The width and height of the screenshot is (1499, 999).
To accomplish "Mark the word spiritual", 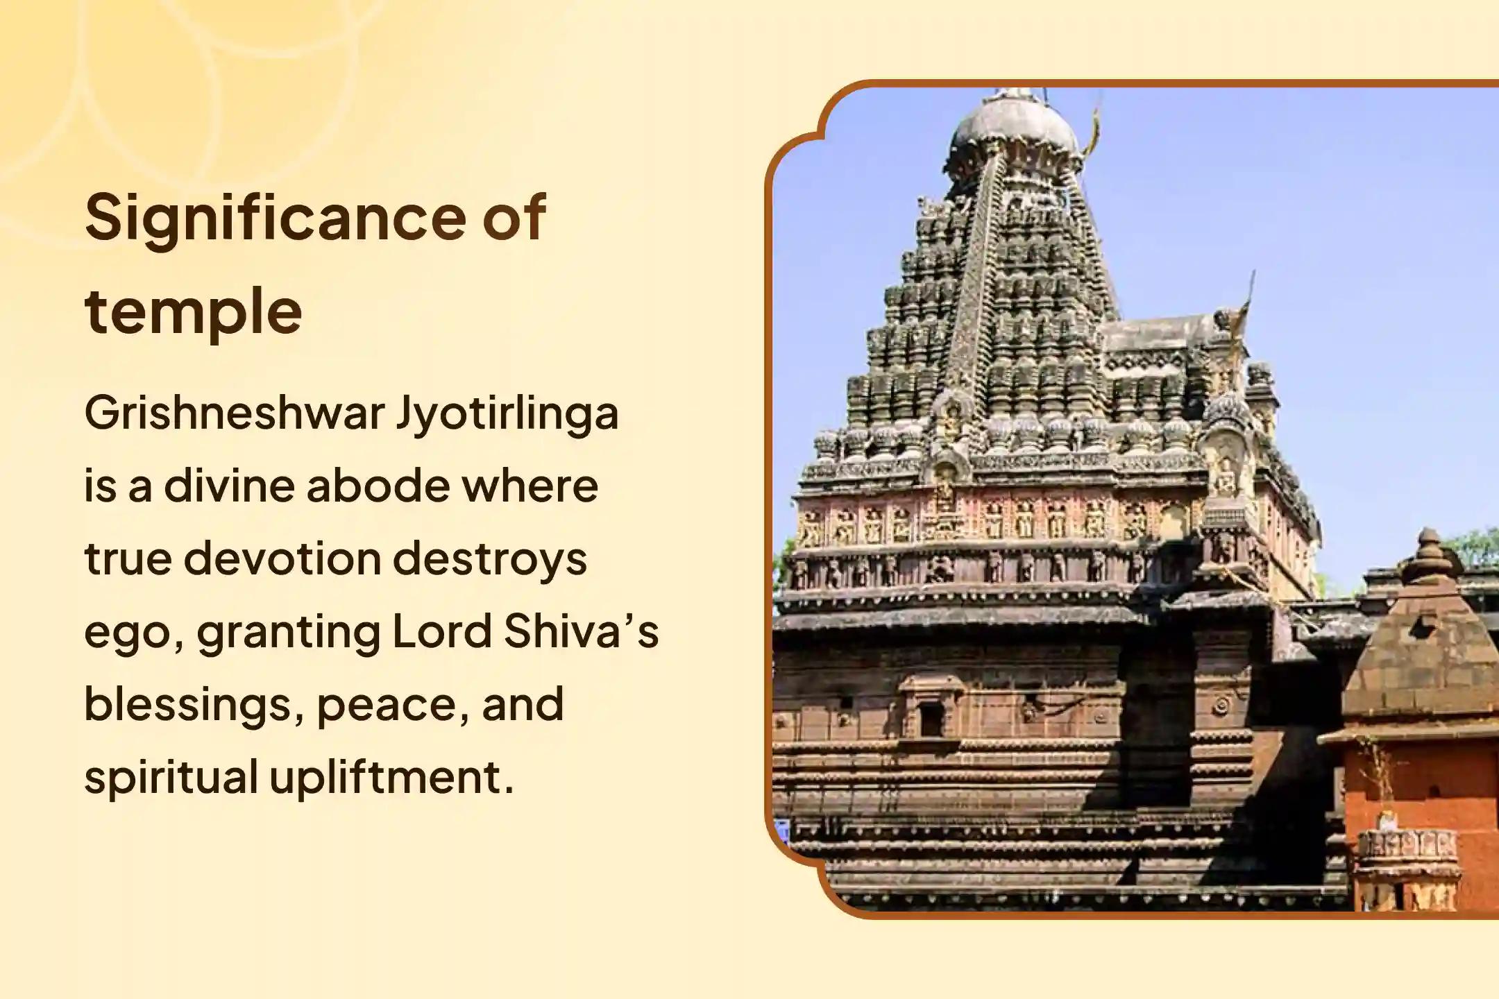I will point(171,777).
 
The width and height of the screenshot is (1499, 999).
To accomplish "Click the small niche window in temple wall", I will point(931,719).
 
